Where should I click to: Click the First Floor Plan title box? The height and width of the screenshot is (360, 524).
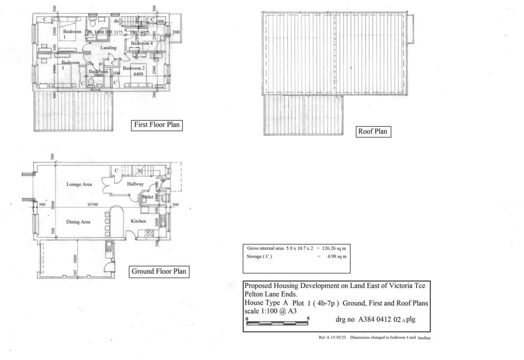coord(157,125)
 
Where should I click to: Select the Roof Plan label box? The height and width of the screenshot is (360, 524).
coord(373,131)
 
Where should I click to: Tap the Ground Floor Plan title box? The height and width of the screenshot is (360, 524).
coord(159,272)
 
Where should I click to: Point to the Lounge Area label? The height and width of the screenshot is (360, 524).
coord(79,184)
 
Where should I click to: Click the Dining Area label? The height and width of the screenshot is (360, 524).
coord(78,222)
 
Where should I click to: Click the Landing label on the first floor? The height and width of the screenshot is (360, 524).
coord(108,48)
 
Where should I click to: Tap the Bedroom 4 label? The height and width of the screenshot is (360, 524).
coord(142,43)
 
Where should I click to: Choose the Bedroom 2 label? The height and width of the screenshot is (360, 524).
coord(134,68)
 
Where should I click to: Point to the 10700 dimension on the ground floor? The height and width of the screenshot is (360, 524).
coord(92,205)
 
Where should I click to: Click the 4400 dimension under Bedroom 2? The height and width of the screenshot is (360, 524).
coord(139,74)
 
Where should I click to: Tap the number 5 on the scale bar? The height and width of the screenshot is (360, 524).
coord(308,319)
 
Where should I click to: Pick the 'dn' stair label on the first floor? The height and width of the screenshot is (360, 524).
coord(117,20)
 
